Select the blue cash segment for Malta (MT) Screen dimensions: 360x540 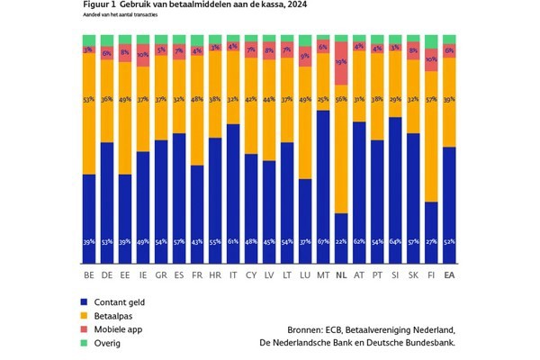click(322, 180)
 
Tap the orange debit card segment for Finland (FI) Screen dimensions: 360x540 click(431, 135)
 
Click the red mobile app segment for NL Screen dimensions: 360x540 click(341, 63)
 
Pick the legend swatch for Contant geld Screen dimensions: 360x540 click(84, 301)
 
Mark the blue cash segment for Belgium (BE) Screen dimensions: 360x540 click(88, 216)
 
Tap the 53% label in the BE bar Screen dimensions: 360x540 click(88, 101)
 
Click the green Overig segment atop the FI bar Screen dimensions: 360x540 click(431, 41)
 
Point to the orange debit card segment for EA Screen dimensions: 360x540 click(449, 102)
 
